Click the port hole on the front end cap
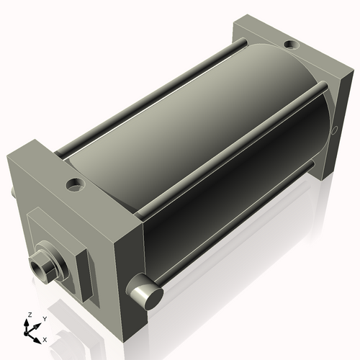[x=75, y=185]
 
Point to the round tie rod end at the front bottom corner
[x=145, y=295]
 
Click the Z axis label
[x=29, y=315]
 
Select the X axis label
[x=45, y=338]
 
